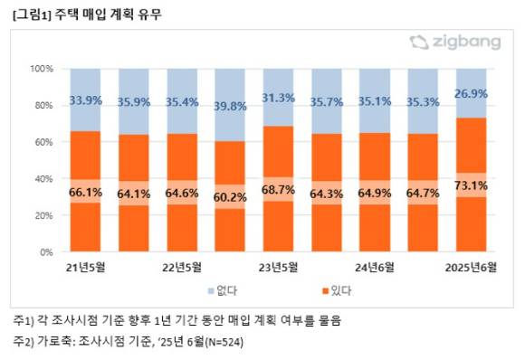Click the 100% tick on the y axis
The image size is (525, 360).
tap(42, 69)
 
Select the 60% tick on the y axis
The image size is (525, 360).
tap(44, 142)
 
